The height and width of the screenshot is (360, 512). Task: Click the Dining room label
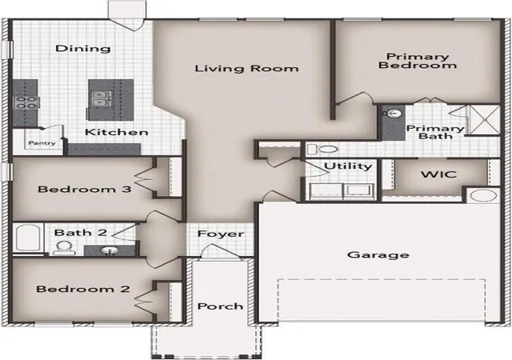pyautogui.click(x=83, y=49)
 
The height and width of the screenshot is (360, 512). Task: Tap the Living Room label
pyautogui.click(x=247, y=69)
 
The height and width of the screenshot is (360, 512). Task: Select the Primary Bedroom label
pyautogui.click(x=418, y=61)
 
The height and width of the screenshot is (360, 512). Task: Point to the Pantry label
pyautogui.click(x=42, y=143)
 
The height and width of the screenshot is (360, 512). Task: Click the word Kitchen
pyautogui.click(x=117, y=132)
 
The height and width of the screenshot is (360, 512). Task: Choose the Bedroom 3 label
pyautogui.click(x=85, y=189)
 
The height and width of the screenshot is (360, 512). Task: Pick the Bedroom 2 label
pyautogui.click(x=83, y=289)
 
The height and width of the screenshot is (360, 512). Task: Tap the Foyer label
pyautogui.click(x=221, y=234)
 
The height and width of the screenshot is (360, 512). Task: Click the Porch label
pyautogui.click(x=221, y=306)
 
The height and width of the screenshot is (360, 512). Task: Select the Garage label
pyautogui.click(x=378, y=255)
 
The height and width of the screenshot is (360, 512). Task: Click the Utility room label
pyautogui.click(x=348, y=166)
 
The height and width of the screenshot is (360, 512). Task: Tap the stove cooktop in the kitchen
pyautogui.click(x=26, y=102)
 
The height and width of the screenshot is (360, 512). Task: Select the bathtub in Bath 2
pyautogui.click(x=28, y=238)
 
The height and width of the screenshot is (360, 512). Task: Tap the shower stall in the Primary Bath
pyautogui.click(x=485, y=119)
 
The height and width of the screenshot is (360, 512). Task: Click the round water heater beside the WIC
pyautogui.click(x=484, y=196)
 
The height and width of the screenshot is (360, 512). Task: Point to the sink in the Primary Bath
pyautogui.click(x=392, y=114)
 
